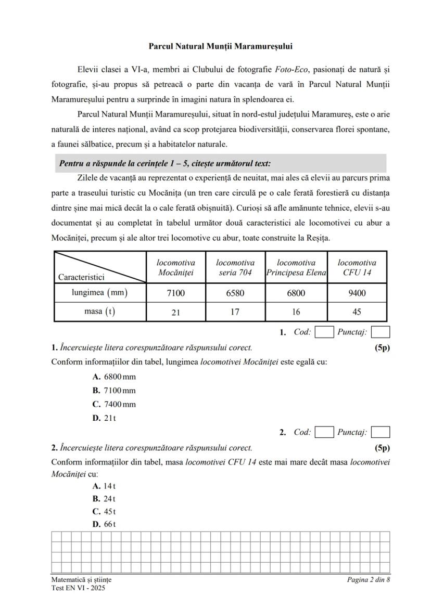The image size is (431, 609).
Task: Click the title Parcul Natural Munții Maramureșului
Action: (220, 46)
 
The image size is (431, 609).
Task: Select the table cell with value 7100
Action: (175, 293)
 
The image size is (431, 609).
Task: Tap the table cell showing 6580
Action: (235, 293)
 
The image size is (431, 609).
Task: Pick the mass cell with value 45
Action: (357, 312)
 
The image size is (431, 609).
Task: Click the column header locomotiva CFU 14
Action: (357, 268)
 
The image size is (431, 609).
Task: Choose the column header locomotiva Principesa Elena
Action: (296, 268)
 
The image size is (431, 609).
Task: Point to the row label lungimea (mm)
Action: (99, 292)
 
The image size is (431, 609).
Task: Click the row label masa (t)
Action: (99, 312)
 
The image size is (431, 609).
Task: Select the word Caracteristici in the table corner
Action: (82, 277)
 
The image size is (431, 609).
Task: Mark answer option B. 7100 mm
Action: (114, 390)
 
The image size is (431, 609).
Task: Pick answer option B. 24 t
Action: (104, 498)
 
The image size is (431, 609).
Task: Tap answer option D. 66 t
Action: (104, 524)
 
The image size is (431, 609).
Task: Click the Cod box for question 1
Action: (324, 332)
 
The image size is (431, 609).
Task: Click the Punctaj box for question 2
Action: (381, 432)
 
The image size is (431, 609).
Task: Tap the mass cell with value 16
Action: (296, 312)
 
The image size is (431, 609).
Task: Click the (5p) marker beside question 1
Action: (382, 347)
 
